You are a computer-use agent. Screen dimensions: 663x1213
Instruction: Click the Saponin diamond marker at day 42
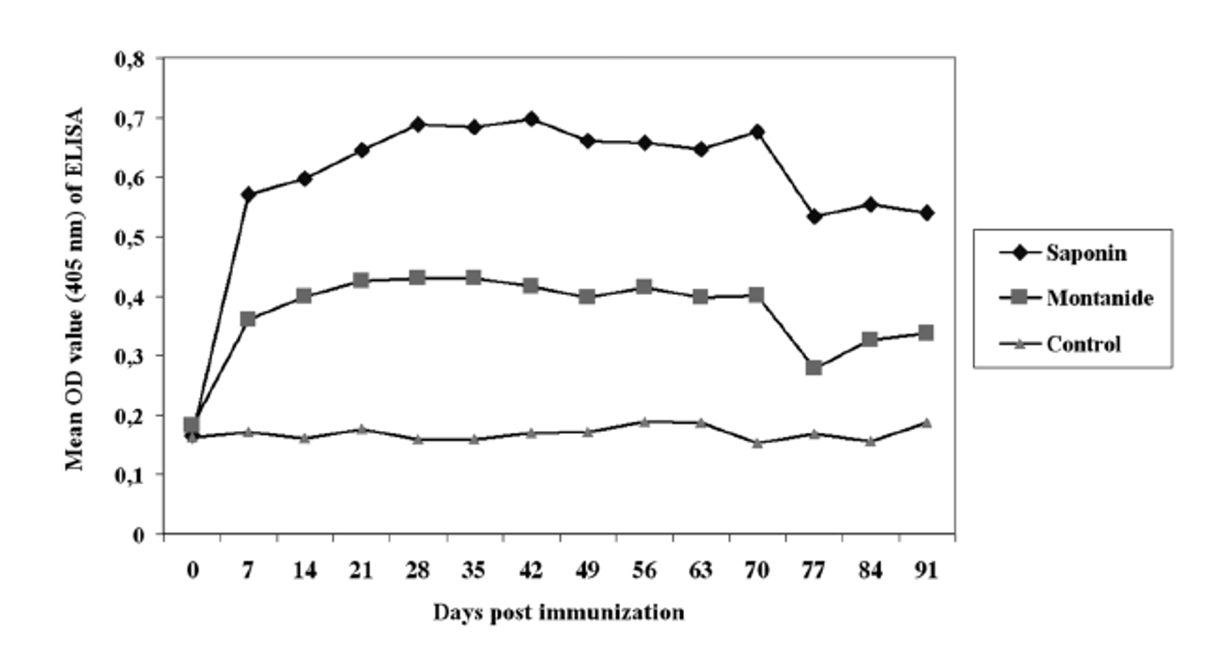[x=531, y=119]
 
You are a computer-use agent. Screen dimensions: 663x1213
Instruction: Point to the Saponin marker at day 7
[x=249, y=194]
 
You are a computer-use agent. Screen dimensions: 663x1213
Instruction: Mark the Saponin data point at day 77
[x=814, y=216]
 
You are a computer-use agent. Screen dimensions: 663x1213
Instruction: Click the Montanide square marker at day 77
[x=814, y=367]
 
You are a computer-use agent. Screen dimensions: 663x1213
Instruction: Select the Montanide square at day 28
[x=418, y=278]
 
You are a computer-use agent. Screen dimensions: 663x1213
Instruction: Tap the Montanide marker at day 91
[x=926, y=332]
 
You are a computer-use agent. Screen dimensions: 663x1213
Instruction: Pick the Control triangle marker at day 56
[x=644, y=422]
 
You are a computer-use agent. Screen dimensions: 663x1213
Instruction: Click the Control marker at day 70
[x=757, y=443]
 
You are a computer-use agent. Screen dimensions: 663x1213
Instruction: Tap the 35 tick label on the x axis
[x=474, y=571]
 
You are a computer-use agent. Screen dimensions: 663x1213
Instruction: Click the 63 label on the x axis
[x=700, y=571]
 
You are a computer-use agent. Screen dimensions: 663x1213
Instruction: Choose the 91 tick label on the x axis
[x=926, y=571]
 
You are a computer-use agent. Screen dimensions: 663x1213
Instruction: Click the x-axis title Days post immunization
[x=558, y=613]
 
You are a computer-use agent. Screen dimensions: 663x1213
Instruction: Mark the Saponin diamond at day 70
[x=757, y=131]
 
